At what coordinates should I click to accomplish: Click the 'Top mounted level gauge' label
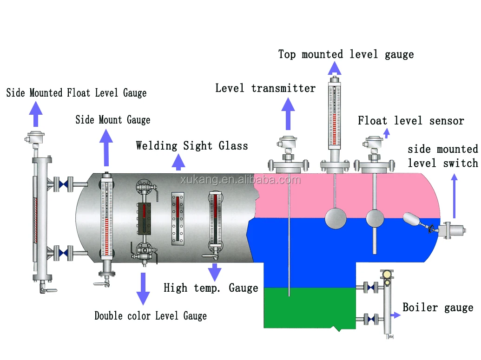[x=346, y=54]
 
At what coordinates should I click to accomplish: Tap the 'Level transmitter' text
[x=265, y=88]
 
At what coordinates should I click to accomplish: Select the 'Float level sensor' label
[x=411, y=121]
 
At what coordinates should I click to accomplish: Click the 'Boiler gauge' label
[x=438, y=308]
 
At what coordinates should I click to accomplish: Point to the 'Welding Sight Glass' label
[x=192, y=146]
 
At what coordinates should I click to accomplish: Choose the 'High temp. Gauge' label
[x=211, y=288]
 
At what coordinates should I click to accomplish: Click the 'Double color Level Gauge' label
[x=151, y=316]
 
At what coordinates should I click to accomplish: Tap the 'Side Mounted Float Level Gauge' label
[x=76, y=93]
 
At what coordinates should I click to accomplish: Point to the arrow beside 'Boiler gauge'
[x=395, y=315]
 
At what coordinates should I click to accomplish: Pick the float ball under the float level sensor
[x=375, y=218]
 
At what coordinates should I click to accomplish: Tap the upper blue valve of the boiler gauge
[x=370, y=288]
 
